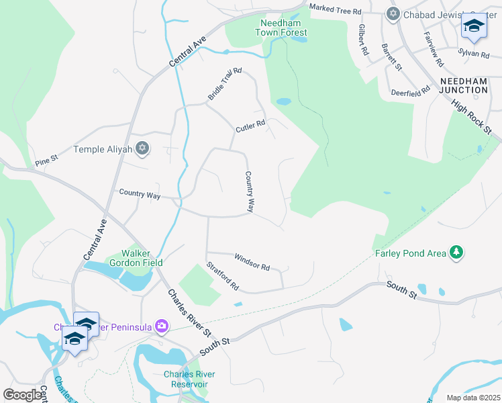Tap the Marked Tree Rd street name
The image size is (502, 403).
(335, 11)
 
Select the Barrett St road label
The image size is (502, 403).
(391, 58)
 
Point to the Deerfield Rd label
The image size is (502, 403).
(410, 92)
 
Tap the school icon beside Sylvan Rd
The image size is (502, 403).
(473, 28)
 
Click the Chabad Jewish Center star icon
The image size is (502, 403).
(393, 13)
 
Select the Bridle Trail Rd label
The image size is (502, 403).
(224, 84)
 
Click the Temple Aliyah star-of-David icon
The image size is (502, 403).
(142, 149)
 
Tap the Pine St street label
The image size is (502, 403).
(47, 162)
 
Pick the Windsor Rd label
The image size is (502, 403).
(252, 262)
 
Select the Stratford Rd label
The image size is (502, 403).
(223, 276)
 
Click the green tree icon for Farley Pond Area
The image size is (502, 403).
(457, 253)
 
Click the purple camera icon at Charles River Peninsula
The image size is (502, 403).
(161, 326)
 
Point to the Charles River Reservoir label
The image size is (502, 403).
(185, 379)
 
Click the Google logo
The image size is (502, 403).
(23, 395)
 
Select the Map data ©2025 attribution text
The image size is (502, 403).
(473, 398)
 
